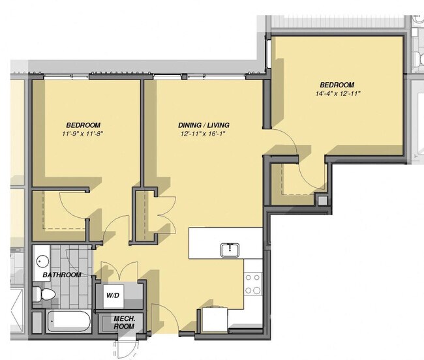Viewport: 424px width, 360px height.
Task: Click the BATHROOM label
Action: coord(63,275)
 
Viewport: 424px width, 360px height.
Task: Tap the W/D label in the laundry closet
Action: coord(113,295)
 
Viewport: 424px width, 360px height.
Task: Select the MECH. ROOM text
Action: coord(124,322)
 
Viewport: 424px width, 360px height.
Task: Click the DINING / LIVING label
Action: coord(204,125)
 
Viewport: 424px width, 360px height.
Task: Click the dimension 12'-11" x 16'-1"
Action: coord(204,134)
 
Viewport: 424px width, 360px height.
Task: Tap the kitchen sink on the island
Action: coord(228,249)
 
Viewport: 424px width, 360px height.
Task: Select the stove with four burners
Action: coord(252,284)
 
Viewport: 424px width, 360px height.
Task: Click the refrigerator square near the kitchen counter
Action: coord(215,320)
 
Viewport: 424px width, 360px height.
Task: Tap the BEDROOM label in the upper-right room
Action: coord(337,85)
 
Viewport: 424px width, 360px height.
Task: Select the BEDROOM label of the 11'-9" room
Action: coord(83,125)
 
